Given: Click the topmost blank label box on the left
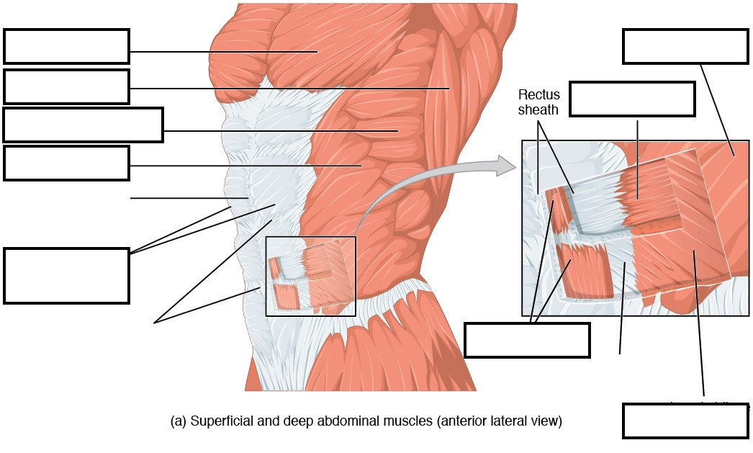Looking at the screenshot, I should click(66, 46).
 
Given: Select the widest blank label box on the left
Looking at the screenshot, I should click(83, 125).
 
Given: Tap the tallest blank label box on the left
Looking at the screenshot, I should click(66, 276).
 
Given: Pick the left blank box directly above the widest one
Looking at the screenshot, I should click(66, 86).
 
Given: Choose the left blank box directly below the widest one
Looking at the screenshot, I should click(66, 163).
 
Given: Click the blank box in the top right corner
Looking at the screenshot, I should click(685, 47).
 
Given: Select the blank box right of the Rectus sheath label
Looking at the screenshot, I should click(632, 99).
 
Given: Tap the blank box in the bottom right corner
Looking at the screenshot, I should click(685, 421).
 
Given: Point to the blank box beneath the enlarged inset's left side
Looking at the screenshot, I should click(527, 340).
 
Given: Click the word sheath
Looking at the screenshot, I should click(539, 110).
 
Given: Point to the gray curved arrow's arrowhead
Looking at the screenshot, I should click(509, 166).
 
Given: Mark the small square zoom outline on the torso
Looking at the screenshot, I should click(310, 276).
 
